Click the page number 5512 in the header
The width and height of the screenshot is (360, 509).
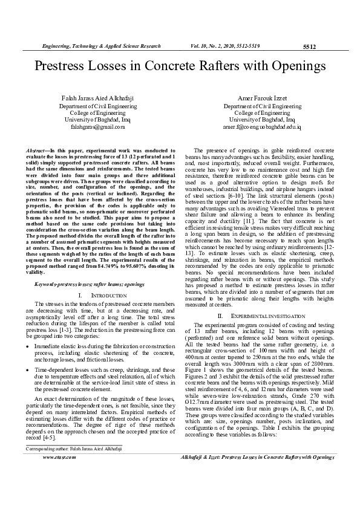[309, 46]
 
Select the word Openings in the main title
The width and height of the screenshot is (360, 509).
[293, 65]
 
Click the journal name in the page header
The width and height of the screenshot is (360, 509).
[100, 46]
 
